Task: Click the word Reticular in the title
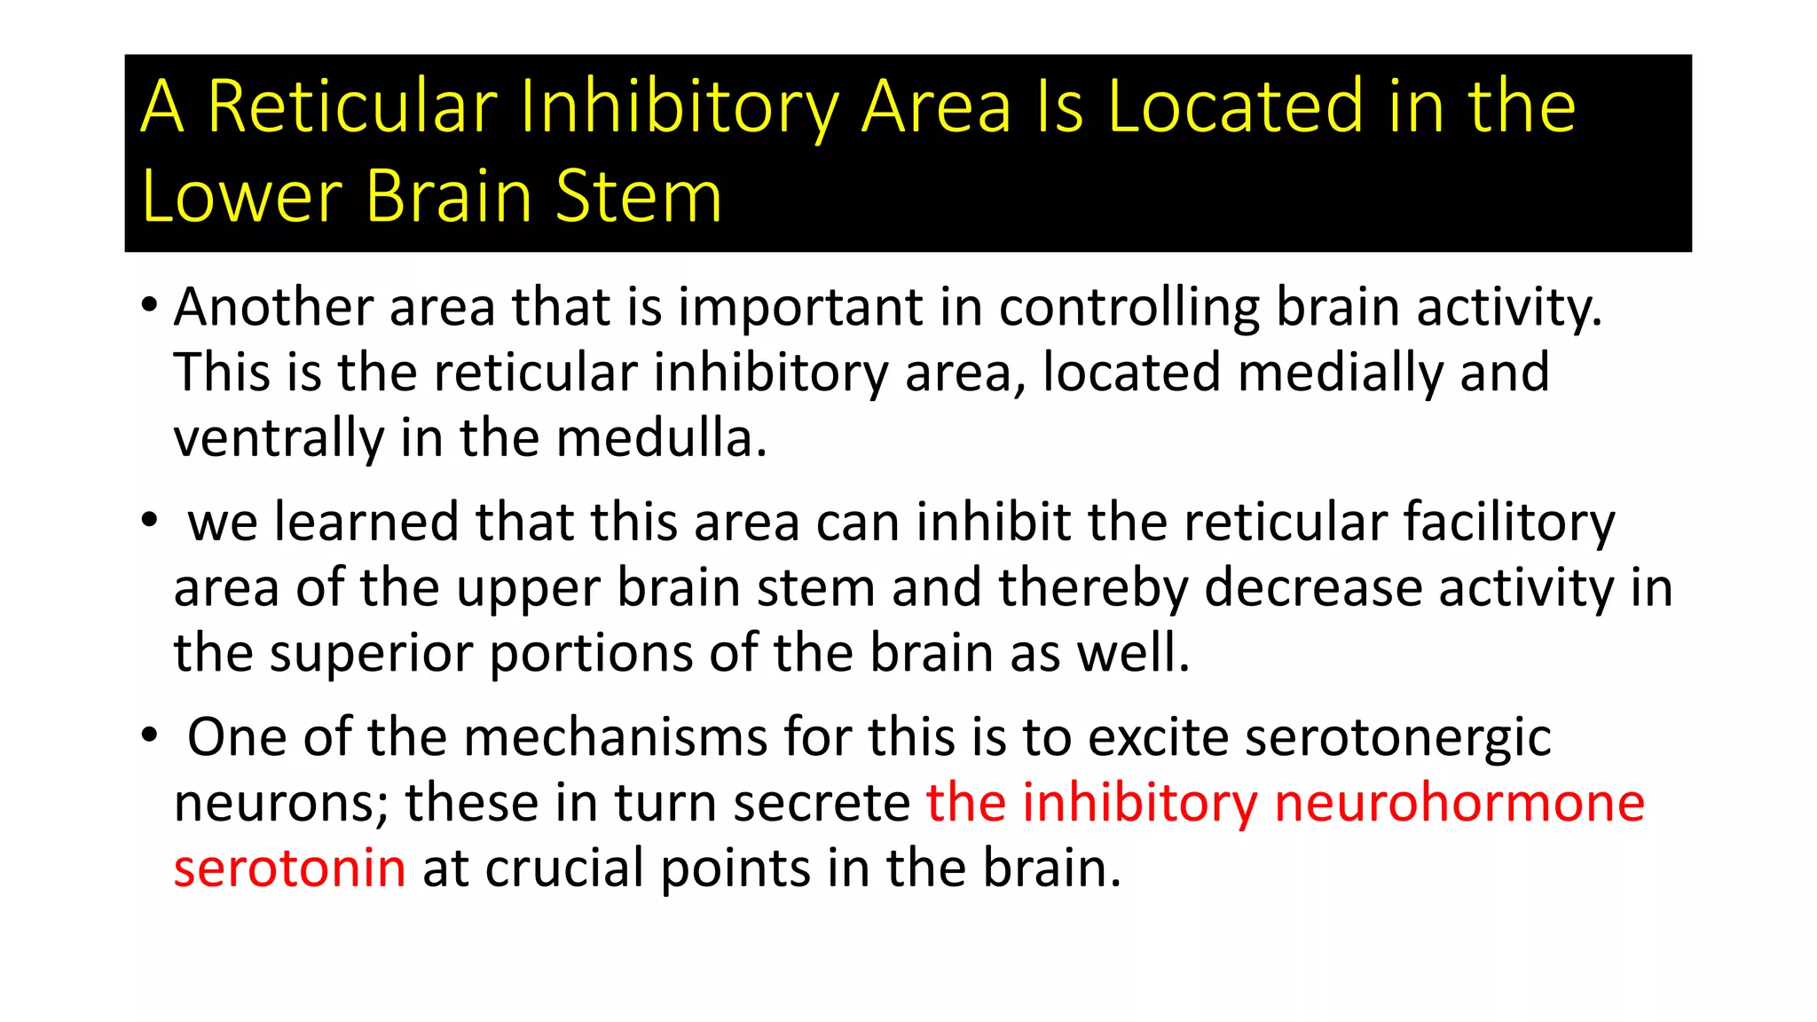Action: [x=352, y=107]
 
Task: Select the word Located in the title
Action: [x=1234, y=107]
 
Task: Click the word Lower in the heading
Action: [x=241, y=196]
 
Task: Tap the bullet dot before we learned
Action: [x=149, y=521]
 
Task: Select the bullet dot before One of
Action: [x=149, y=735]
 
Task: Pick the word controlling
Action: [x=1129, y=308]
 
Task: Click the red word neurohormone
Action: [x=1459, y=803]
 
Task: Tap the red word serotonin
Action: [x=290, y=869]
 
